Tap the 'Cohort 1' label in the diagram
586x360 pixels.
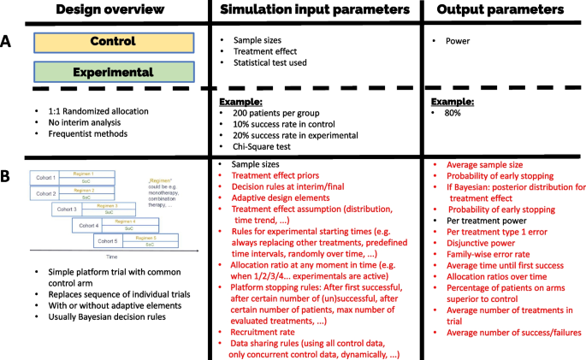click(46, 178)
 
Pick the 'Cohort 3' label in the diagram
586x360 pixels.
click(71, 210)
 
